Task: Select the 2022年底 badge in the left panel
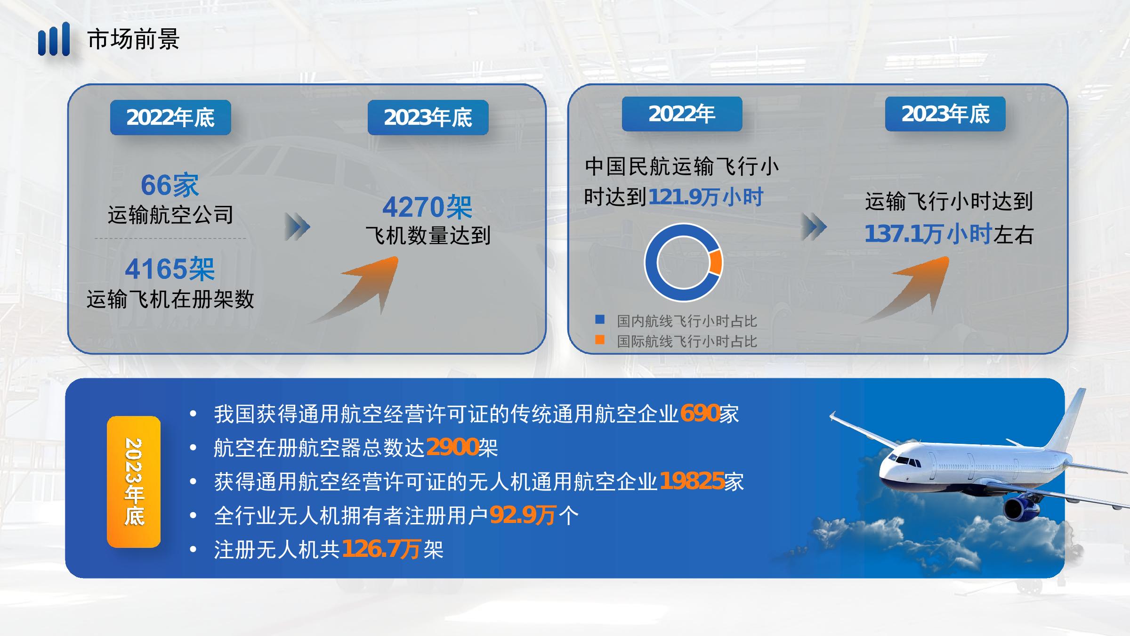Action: (170, 117)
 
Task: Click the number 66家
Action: (170, 185)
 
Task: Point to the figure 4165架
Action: (170, 269)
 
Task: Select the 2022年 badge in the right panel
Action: (682, 114)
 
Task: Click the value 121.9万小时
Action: (706, 197)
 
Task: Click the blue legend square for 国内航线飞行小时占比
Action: (600, 319)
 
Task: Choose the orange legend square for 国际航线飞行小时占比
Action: (600, 340)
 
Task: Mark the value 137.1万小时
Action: (928, 234)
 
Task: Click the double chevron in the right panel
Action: (814, 227)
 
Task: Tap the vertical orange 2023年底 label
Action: (134, 481)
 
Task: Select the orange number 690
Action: (699, 413)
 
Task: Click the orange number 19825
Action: (692, 481)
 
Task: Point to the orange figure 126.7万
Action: (381, 549)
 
